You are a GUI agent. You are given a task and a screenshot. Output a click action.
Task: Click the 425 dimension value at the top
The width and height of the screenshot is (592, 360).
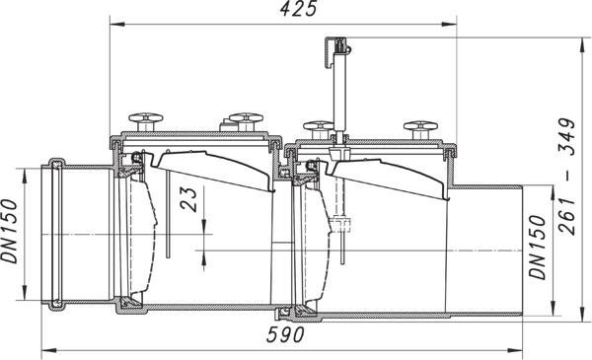click(298, 10)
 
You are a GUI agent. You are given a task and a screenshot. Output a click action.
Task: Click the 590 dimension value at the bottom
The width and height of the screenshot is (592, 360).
click(285, 334)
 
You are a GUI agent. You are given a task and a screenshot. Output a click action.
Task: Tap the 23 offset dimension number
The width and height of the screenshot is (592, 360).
click(188, 199)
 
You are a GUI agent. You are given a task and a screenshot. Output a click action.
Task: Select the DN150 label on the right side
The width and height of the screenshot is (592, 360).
click(538, 248)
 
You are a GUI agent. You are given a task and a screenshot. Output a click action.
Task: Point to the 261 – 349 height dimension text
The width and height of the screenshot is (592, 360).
click(567, 177)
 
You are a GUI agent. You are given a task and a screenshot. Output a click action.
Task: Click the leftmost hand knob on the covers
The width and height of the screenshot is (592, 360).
click(146, 121)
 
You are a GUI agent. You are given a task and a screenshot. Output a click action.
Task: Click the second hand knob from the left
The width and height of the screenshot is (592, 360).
click(246, 121)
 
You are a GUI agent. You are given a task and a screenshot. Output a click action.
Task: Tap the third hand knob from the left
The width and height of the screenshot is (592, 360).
click(319, 129)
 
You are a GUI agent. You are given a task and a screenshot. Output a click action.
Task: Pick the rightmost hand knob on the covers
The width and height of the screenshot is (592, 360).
click(420, 129)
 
